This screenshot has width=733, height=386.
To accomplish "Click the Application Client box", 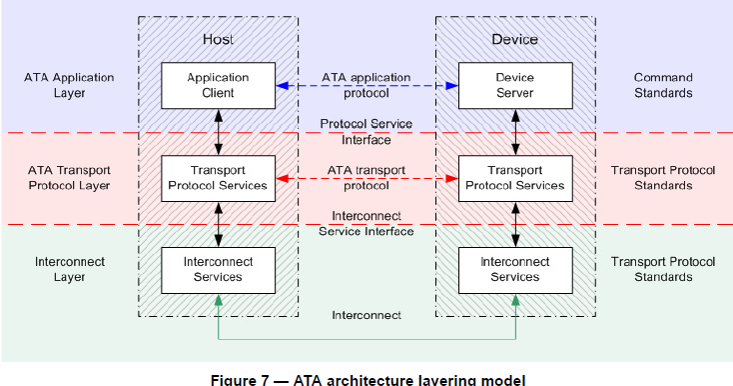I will (218, 85).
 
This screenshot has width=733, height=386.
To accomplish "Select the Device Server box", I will (514, 85).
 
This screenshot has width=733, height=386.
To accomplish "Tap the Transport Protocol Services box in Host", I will (218, 178).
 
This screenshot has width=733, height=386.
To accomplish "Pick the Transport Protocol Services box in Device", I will (514, 178).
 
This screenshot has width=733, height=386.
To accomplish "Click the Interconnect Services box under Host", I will (218, 269).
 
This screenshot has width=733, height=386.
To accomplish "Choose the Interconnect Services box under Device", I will (514, 269).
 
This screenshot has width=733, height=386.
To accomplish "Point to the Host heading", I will (218, 39).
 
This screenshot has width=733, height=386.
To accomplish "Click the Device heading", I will (515, 39).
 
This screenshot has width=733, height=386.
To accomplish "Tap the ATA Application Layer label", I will (69, 85).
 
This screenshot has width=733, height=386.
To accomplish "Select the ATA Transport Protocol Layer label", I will (69, 178).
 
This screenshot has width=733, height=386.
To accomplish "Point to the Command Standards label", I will (663, 85).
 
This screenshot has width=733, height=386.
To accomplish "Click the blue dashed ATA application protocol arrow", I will (366, 86).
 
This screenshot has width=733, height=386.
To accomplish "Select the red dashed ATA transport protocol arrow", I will (366, 178).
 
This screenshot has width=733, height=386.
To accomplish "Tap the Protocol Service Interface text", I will (366, 132).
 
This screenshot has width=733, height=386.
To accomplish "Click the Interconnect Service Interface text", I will (366, 223).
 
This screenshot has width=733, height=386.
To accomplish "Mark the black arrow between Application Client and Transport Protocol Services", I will (218, 131).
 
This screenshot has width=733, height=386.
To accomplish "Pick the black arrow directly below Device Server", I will (515, 131).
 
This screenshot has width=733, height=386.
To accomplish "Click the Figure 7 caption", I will (366, 379).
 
